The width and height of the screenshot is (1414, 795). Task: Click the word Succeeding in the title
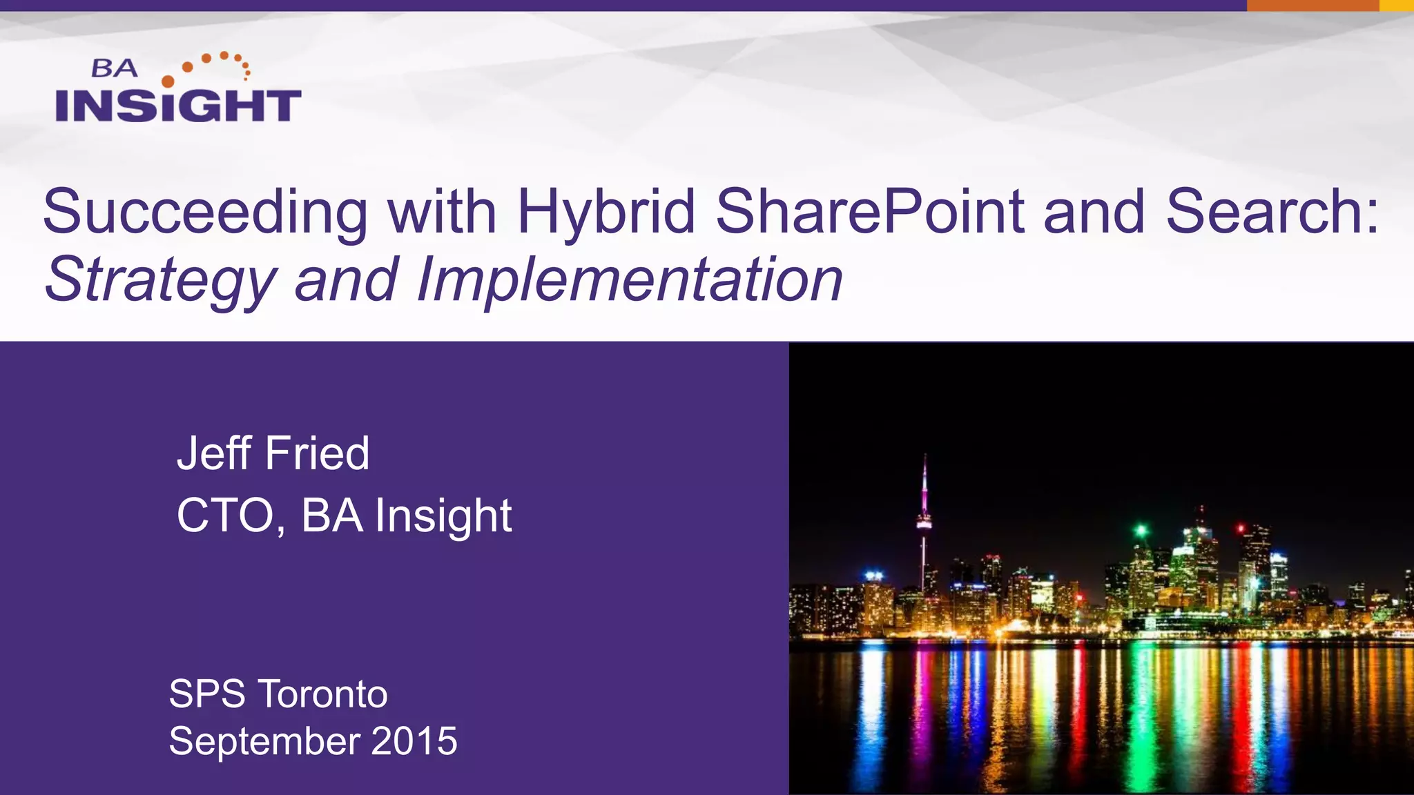pyautogui.click(x=205, y=213)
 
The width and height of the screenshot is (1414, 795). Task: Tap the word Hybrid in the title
pyautogui.click(x=606, y=213)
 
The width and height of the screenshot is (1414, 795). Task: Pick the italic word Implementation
pyautogui.click(x=629, y=279)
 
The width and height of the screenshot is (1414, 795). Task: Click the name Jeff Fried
pyautogui.click(x=273, y=453)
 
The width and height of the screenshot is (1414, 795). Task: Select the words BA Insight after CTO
pyautogui.click(x=406, y=516)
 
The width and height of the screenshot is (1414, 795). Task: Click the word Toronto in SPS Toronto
pyautogui.click(x=322, y=694)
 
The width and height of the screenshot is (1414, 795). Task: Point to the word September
pyautogui.click(x=264, y=741)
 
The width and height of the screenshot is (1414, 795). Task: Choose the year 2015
pyautogui.click(x=414, y=741)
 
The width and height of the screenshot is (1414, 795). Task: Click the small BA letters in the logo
pyautogui.click(x=115, y=68)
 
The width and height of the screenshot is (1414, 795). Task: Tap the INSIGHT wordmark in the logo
pyautogui.click(x=178, y=106)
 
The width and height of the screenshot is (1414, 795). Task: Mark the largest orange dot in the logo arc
pyautogui.click(x=168, y=81)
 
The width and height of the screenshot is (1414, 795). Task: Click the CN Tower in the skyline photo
pyautogui.click(x=924, y=524)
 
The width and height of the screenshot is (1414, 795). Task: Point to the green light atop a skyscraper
pyautogui.click(x=1141, y=531)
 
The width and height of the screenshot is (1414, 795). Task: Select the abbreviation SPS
pyautogui.click(x=206, y=694)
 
